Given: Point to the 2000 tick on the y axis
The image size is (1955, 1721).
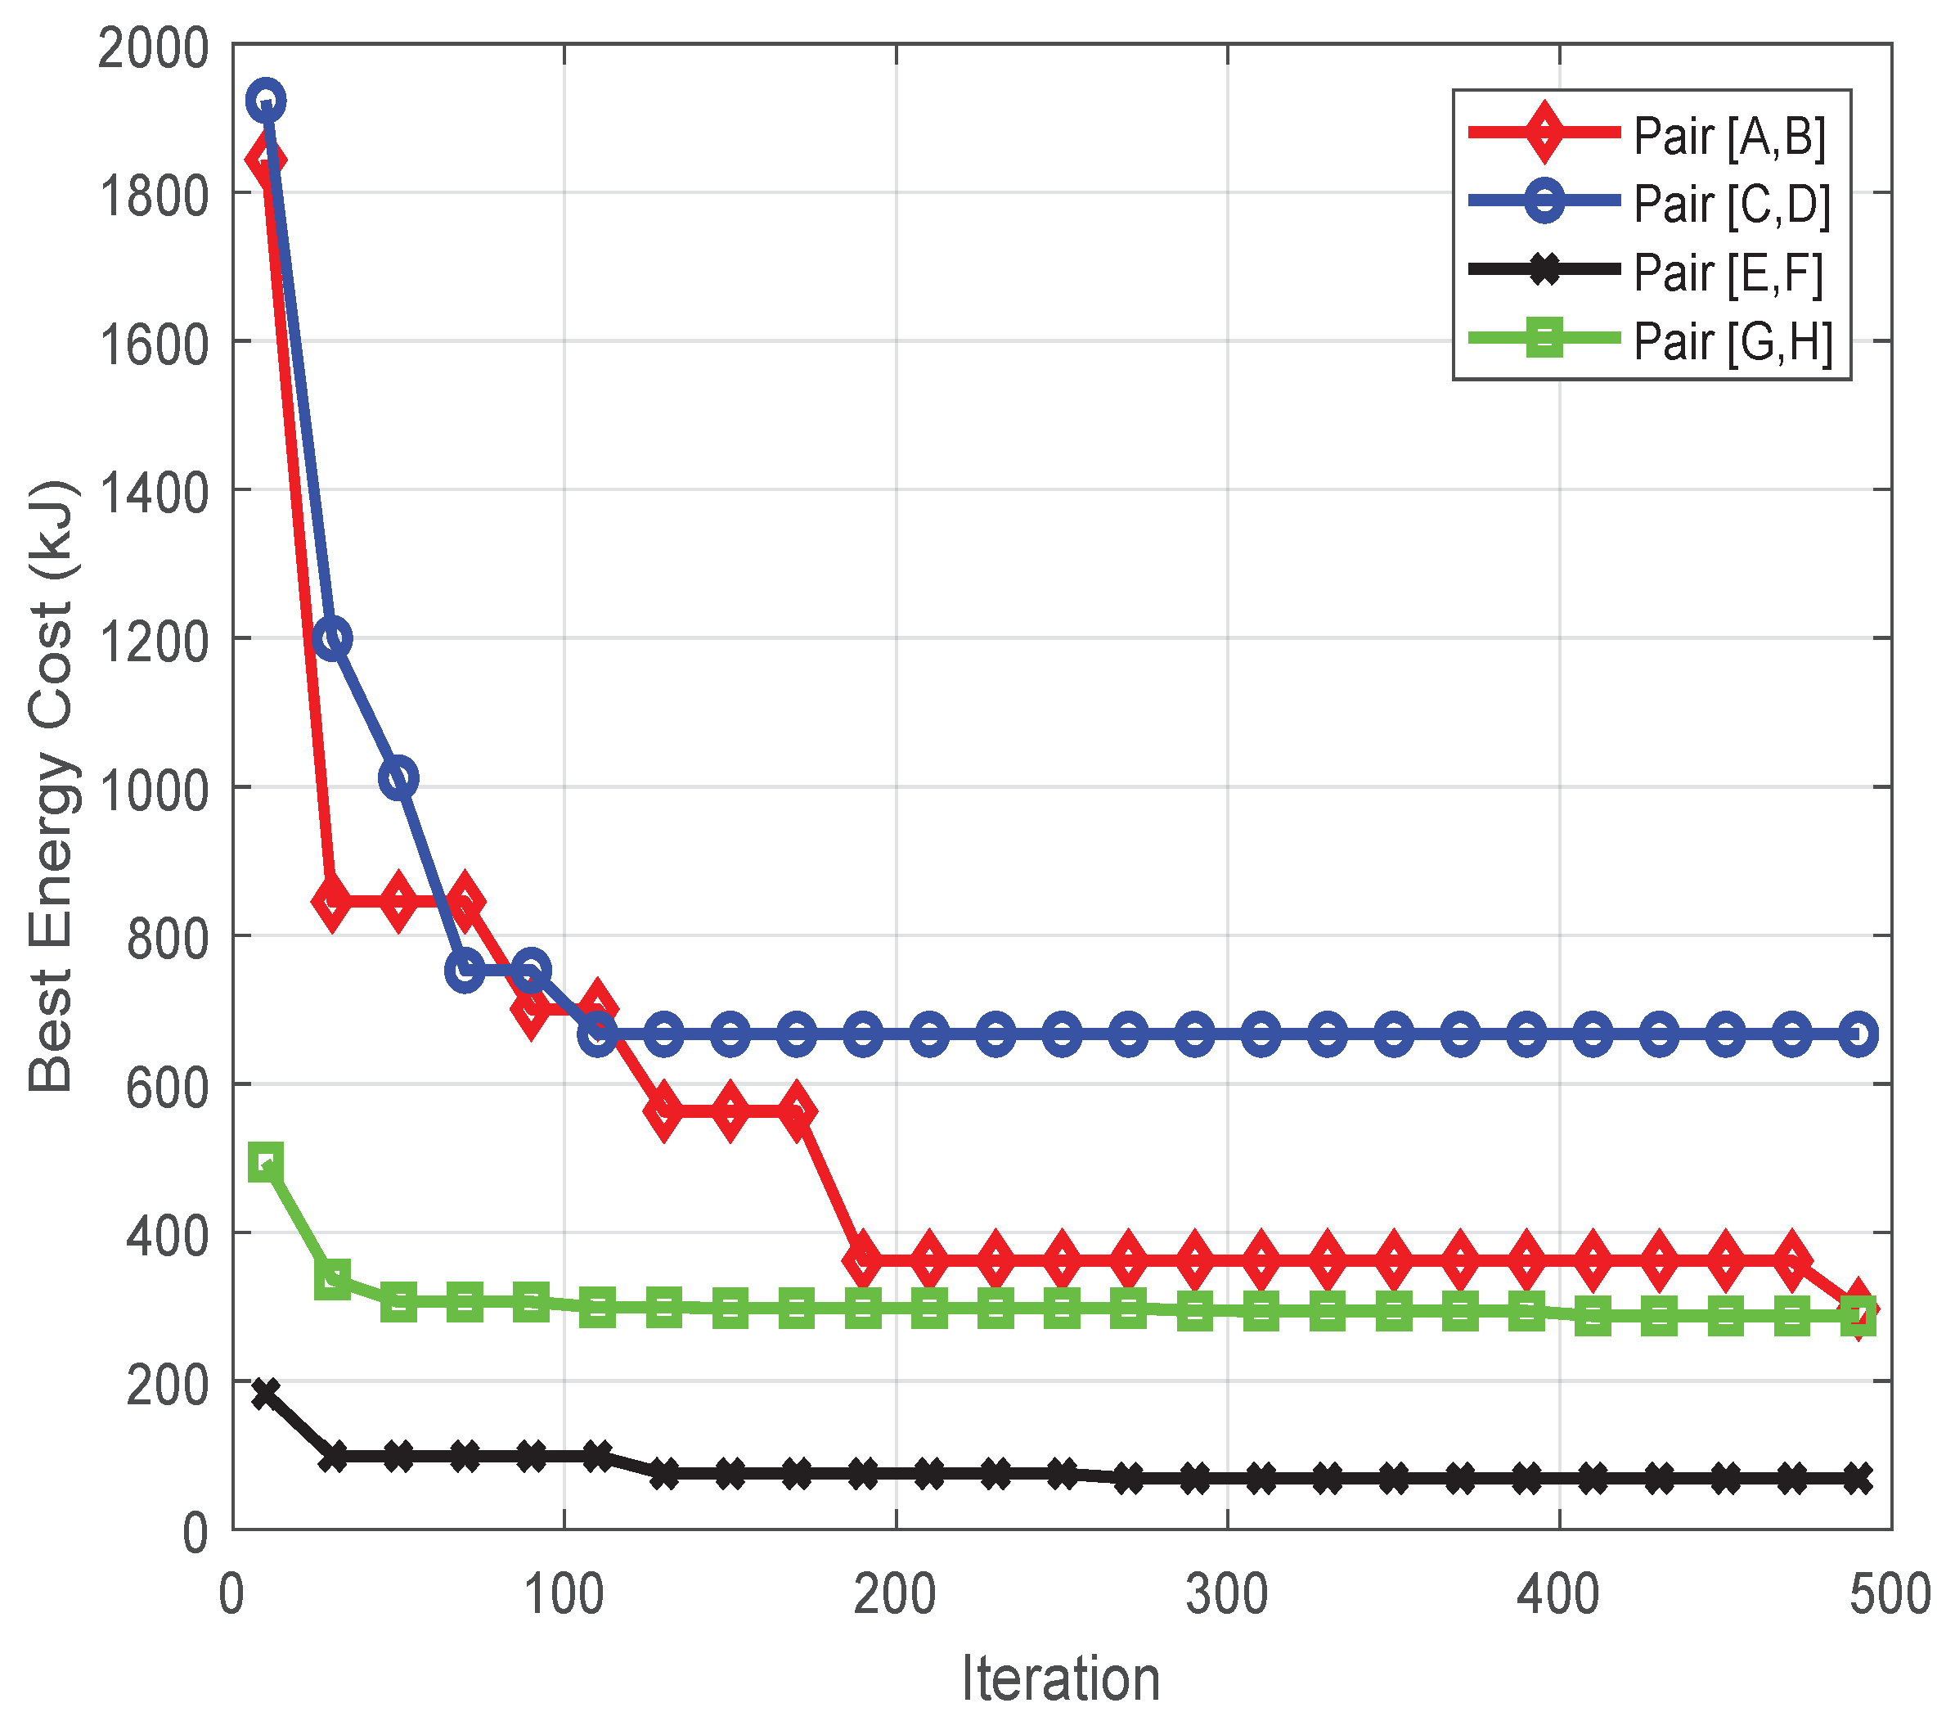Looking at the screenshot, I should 153,47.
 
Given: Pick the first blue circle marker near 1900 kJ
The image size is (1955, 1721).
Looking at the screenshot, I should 266,101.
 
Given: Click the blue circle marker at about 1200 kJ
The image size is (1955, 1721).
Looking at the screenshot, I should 332,638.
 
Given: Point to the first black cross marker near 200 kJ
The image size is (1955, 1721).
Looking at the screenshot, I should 266,1393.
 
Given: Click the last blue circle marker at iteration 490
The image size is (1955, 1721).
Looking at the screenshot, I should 1858,1034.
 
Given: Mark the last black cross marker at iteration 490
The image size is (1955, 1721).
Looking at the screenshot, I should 1858,1478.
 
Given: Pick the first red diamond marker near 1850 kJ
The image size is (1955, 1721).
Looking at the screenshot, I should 264,160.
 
